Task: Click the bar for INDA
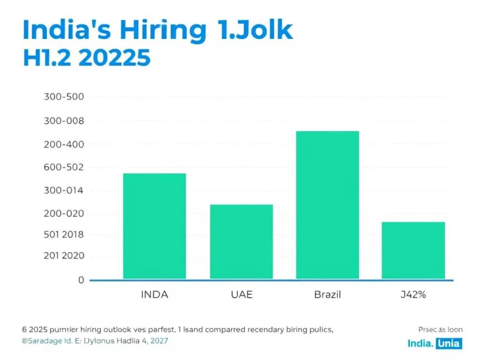[154, 226]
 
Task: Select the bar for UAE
[241, 241]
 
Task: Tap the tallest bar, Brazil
[327, 204]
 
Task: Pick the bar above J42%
[413, 250]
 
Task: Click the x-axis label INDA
[154, 295]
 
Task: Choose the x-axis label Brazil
[327, 295]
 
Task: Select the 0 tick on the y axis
[81, 280]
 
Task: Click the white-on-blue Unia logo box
[449, 343]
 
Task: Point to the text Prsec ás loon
[441, 330]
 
